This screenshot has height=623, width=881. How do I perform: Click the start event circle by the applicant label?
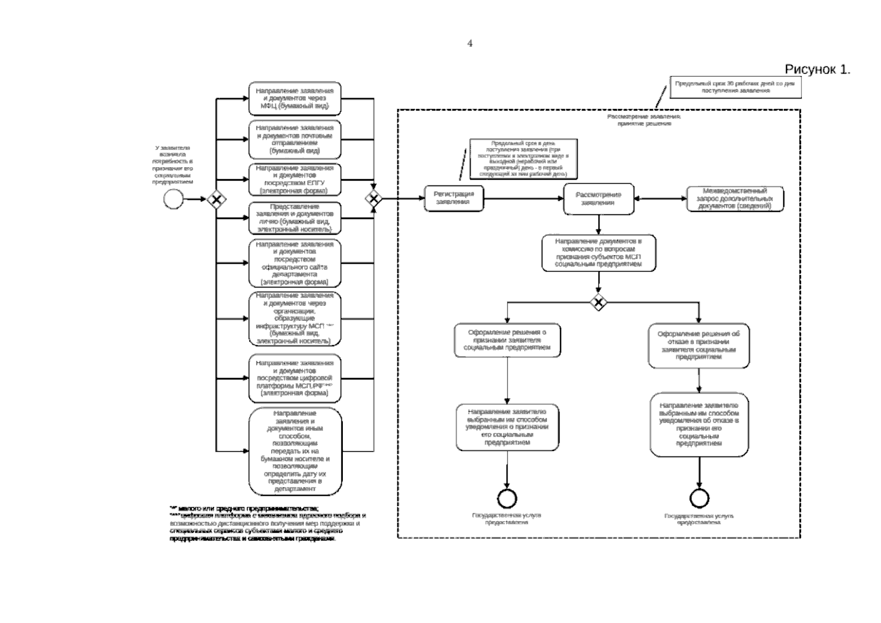click(x=173, y=199)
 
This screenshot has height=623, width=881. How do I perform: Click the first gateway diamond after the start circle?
click(x=216, y=199)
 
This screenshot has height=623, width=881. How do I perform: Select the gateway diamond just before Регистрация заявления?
click(x=373, y=198)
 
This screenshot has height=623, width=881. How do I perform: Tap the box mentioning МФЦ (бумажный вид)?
click(x=295, y=98)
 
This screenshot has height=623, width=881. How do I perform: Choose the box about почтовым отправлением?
click(x=295, y=139)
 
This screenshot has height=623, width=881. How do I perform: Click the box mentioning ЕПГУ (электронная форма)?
click(x=295, y=179)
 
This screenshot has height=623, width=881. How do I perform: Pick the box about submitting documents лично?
click(x=295, y=218)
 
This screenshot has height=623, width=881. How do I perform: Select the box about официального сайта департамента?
click(x=295, y=263)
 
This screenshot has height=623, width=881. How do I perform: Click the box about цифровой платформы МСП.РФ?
click(x=295, y=378)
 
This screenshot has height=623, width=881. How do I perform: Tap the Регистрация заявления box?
click(x=453, y=198)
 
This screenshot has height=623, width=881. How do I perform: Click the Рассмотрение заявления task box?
click(x=598, y=199)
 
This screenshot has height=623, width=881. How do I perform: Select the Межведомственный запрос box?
click(x=735, y=199)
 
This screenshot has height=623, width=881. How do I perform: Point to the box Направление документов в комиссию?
click(x=598, y=253)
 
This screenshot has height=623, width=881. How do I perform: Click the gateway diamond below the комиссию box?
click(x=598, y=302)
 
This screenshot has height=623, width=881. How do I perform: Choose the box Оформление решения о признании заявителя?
click(x=507, y=340)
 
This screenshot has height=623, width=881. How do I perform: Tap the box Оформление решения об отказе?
click(x=699, y=346)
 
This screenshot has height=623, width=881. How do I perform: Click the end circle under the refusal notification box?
click(x=699, y=498)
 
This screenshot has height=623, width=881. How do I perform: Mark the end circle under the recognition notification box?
click(x=506, y=498)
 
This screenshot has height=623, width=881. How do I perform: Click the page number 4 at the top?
click(x=470, y=44)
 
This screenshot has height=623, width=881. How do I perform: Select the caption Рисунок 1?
click(x=817, y=70)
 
